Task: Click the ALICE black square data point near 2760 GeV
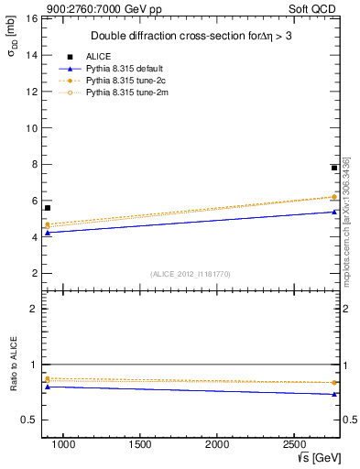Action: [334, 168]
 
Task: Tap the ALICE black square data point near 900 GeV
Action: [48, 208]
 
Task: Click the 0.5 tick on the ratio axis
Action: [29, 420]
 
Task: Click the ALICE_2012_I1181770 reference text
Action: [190, 273]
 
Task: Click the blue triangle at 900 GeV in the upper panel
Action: [48, 233]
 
